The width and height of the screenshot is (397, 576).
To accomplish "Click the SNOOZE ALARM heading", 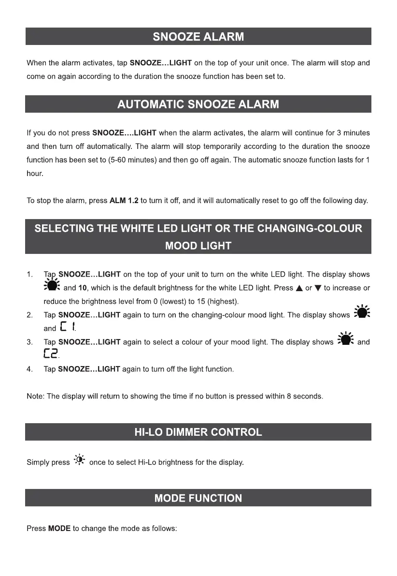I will point(198,37).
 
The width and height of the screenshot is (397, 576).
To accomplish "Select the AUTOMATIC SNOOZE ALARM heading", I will point(198,104).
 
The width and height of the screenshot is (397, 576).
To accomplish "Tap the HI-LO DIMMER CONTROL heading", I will point(198,432).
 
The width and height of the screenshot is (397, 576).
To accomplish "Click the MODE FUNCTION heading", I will point(198,498).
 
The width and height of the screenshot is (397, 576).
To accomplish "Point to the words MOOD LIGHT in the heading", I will point(198,246).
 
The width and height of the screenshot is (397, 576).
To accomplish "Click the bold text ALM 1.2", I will point(124,201).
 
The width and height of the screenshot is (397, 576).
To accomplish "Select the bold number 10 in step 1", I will point(83,288).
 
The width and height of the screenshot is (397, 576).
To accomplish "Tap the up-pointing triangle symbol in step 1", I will point(299,288).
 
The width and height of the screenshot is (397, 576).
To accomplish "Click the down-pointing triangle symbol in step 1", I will point(317,288).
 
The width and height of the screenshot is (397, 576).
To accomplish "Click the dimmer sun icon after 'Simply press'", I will point(80,460).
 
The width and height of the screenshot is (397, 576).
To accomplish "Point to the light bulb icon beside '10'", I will point(52,286).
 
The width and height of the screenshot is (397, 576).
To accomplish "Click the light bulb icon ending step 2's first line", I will point(362,312).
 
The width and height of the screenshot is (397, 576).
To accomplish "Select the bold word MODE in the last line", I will point(59,529).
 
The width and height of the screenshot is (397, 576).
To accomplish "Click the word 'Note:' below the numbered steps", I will point(35,397).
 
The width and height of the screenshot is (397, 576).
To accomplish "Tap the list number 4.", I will point(29,369).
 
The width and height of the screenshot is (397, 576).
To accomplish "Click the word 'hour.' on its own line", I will point(35,174).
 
